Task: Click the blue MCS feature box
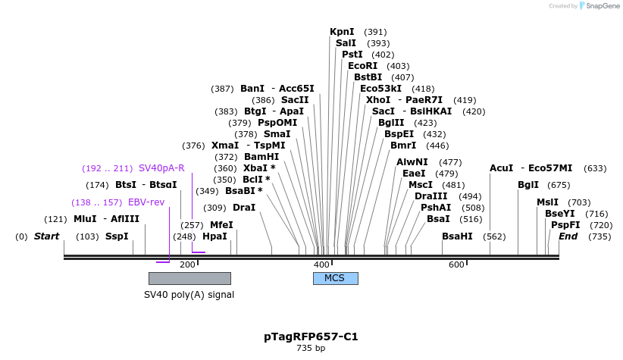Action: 335,278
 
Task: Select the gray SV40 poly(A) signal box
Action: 189,278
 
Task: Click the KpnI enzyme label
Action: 342,32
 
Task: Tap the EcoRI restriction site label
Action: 362,66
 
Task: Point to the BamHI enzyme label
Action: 261,157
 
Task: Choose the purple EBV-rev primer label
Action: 146,202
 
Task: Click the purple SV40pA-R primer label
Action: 161,168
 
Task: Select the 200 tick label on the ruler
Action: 187,265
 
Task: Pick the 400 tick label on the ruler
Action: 321,265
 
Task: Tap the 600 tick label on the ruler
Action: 456,265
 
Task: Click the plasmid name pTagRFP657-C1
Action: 311,336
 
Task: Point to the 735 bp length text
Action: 311,349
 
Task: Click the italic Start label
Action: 46,236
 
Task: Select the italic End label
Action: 568,236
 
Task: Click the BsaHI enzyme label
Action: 457,236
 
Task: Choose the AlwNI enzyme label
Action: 412,162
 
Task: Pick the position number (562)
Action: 494,236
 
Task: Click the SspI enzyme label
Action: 117,236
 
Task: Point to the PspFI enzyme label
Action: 565,225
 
